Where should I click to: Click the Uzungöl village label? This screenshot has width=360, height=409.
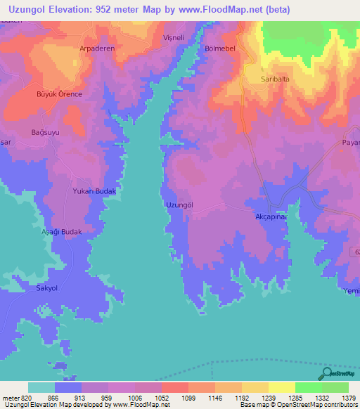coord(179,204)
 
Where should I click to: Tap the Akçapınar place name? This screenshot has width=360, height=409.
coord(272,218)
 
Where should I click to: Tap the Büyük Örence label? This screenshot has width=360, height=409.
coord(60,94)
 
